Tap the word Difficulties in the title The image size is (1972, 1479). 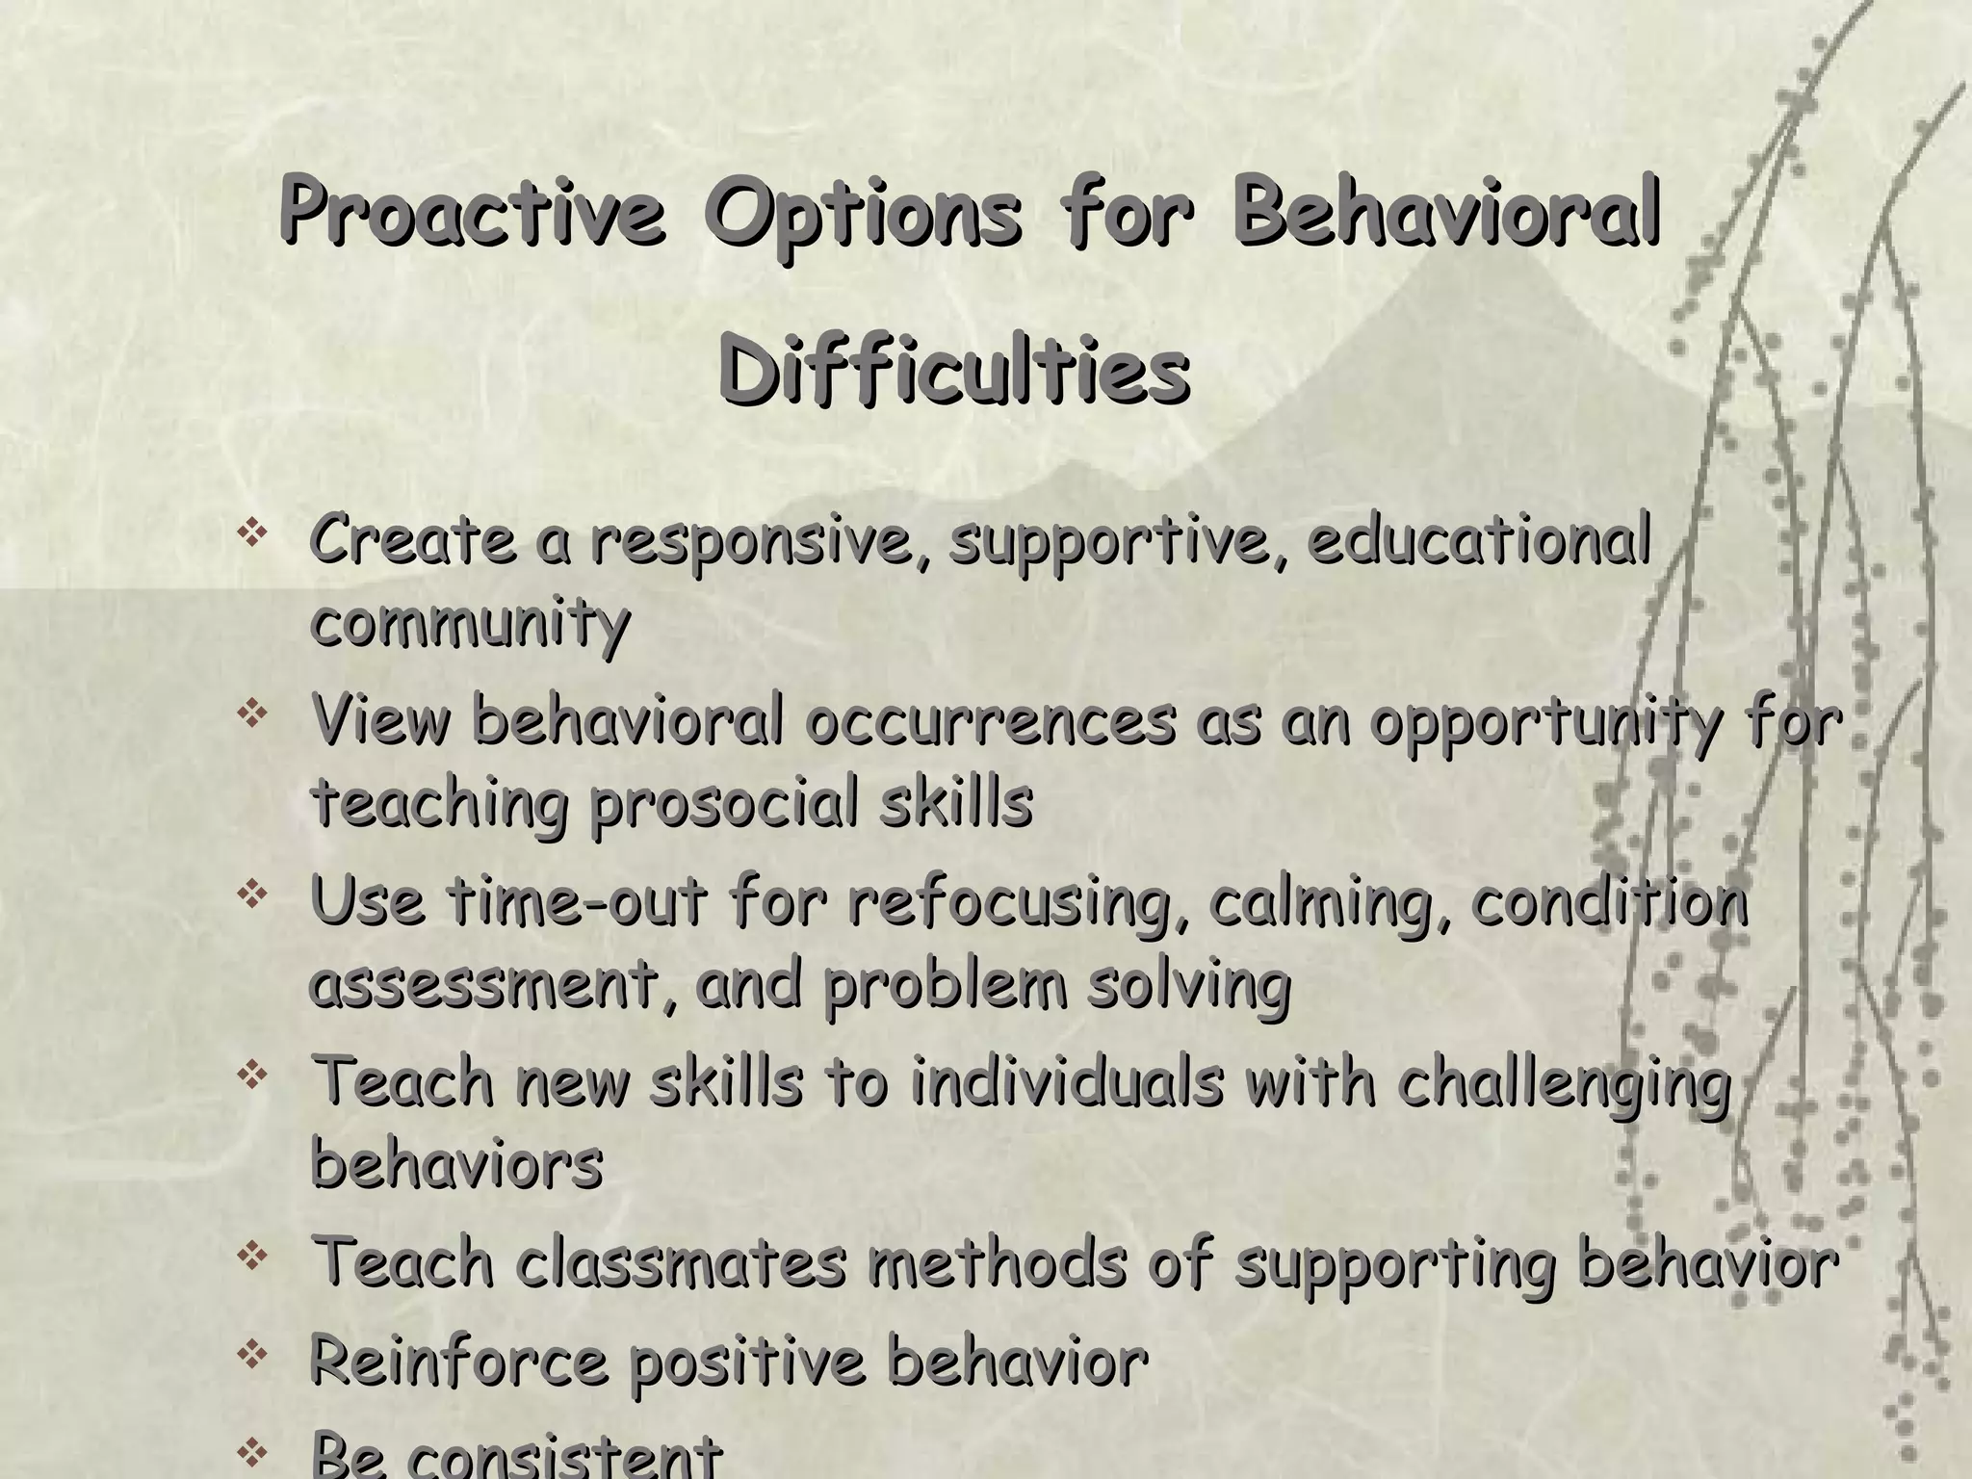click(x=953, y=371)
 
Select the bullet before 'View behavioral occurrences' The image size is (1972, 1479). click(x=252, y=714)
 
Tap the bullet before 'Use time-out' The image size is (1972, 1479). click(x=252, y=895)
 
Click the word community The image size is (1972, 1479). click(x=470, y=624)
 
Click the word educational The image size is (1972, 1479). click(x=1480, y=540)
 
